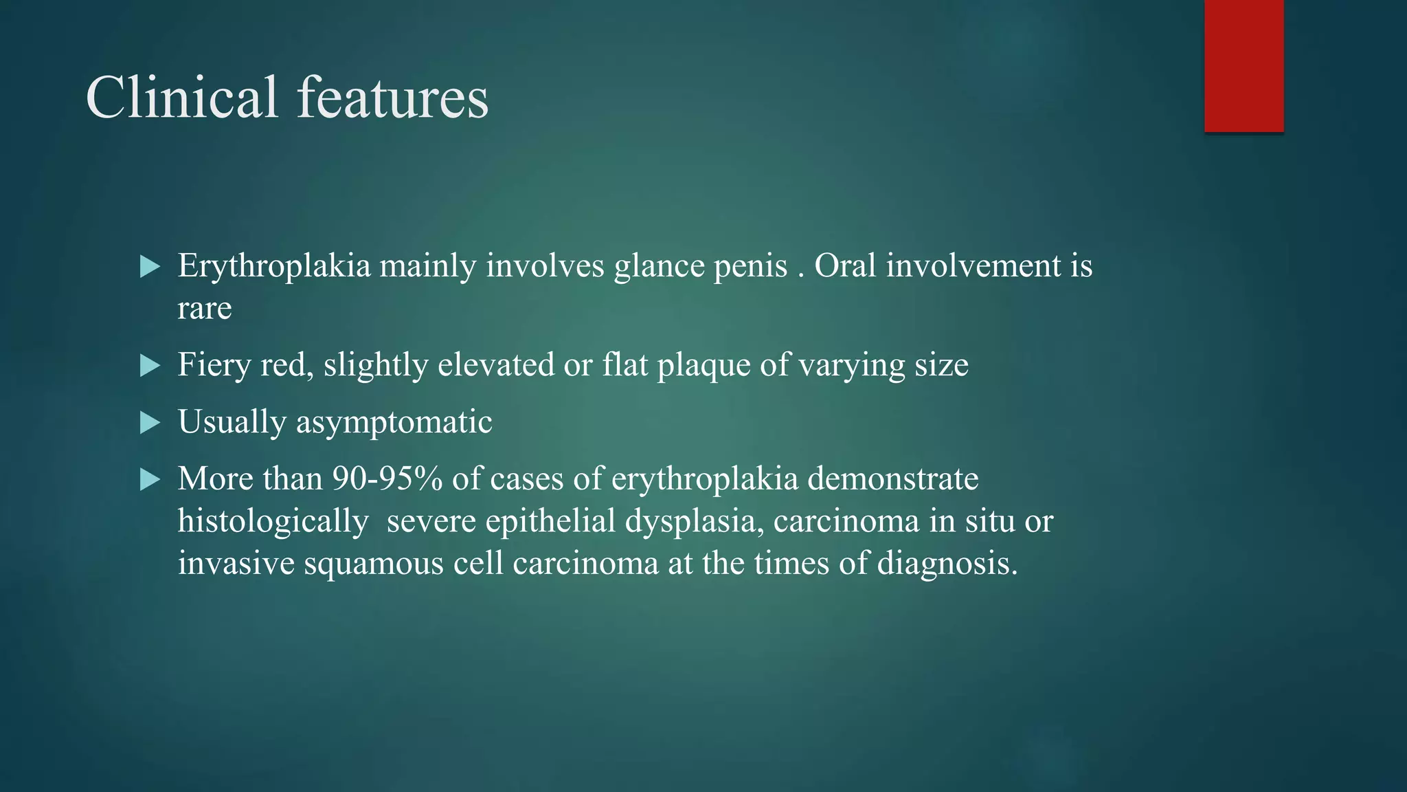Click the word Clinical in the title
point(181,98)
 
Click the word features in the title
point(392,98)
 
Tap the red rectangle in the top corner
point(1243,66)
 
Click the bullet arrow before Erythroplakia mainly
point(149,267)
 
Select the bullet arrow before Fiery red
point(149,366)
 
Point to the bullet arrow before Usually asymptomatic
point(149,423)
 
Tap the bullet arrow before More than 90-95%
point(149,480)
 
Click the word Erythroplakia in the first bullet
point(274,267)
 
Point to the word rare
point(204,309)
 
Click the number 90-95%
point(387,478)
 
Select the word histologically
point(273,522)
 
